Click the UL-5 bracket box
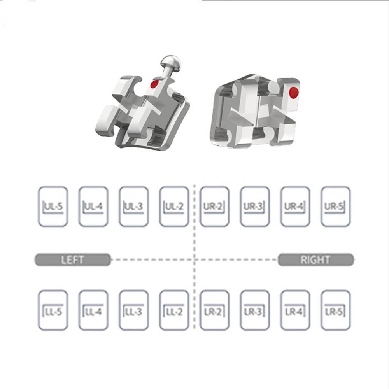pos(53,207)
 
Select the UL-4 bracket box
pos(93,207)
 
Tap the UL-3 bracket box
pos(134,207)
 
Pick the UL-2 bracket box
pos(174,207)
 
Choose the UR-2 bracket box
pos(214,207)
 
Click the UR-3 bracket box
pos(255,207)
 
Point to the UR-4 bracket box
pos(295,207)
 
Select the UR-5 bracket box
pos(336,207)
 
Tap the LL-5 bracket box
pos(53,310)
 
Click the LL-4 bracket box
pos(93,310)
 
